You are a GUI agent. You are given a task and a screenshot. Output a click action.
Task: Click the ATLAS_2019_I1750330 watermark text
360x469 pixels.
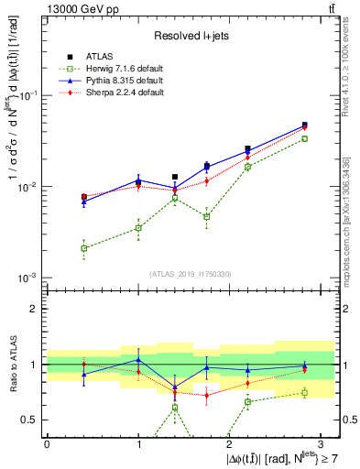pyautogui.click(x=191, y=274)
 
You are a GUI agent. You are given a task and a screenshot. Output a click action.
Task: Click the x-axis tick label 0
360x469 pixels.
pyautogui.click(x=47, y=443)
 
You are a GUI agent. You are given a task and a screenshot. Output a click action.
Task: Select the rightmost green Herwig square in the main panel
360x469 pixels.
pyautogui.click(x=305, y=139)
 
